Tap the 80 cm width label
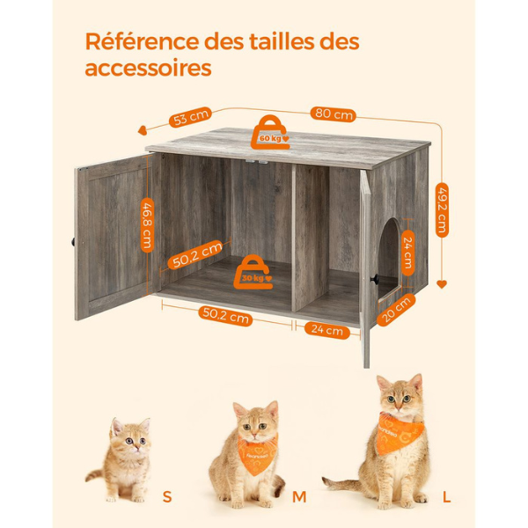(334, 114)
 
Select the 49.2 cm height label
(443, 210)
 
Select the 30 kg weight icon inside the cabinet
(254, 274)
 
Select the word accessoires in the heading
(148, 68)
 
